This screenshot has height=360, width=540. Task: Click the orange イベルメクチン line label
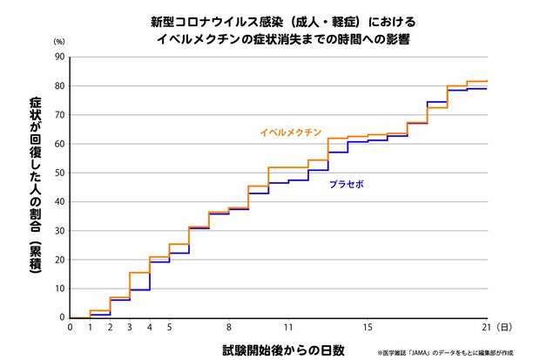(x=290, y=133)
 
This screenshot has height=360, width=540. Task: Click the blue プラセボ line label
(x=346, y=185)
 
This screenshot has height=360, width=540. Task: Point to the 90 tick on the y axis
(x=59, y=57)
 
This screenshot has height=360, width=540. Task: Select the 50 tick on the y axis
(x=59, y=173)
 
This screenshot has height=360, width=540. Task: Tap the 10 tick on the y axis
(x=59, y=289)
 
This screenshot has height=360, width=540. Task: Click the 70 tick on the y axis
(x=59, y=115)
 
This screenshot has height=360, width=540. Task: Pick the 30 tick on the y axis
(x=59, y=231)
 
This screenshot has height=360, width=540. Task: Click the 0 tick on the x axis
(x=70, y=328)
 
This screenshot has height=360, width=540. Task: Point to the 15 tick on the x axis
(x=368, y=328)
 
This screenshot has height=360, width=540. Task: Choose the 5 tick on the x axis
(x=169, y=328)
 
